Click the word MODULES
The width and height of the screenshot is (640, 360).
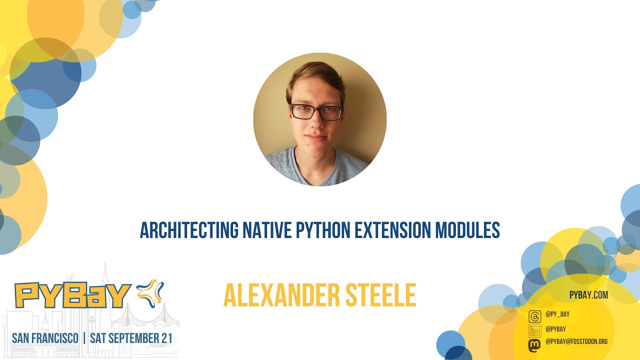click(467, 230)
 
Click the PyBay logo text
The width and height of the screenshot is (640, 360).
click(73, 295)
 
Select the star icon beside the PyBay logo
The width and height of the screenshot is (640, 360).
click(150, 293)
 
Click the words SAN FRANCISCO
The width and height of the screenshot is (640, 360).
click(45, 338)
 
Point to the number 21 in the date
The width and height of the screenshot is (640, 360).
click(166, 338)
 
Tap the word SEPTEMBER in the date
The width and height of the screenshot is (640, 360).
click(133, 338)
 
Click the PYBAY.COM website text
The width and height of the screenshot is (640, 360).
click(588, 295)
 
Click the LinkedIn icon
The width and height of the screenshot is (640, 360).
click(534, 330)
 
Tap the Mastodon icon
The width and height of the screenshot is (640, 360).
click(534, 344)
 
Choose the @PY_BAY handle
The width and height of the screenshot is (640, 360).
click(557, 314)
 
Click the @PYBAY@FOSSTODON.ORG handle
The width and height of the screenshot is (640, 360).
click(576, 341)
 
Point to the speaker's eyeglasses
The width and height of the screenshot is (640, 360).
click(316, 112)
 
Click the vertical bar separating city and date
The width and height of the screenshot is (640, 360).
click(84, 338)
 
